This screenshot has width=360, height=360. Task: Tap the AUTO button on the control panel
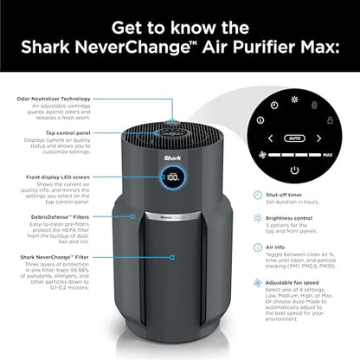point(294,137)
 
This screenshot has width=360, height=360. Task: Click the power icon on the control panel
point(295,170)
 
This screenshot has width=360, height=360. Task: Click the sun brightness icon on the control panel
point(294,100)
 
